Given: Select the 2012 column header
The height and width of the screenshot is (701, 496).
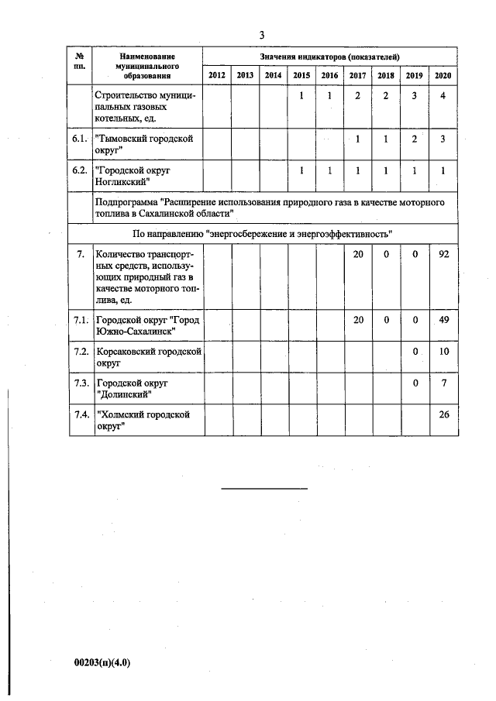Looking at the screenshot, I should (x=217, y=75).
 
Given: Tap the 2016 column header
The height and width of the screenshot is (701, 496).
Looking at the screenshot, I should (x=329, y=75).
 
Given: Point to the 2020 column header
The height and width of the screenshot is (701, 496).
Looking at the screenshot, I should (x=443, y=75).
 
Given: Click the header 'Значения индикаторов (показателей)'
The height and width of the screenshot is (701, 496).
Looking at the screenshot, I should (x=329, y=57).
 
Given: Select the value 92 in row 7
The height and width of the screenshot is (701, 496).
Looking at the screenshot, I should (x=443, y=254).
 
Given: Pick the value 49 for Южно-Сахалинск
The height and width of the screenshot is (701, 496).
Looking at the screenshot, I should (x=443, y=321).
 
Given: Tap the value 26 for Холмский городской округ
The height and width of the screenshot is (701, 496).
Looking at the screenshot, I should (x=443, y=414).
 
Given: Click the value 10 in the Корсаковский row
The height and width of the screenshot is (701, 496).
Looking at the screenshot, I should (x=443, y=352).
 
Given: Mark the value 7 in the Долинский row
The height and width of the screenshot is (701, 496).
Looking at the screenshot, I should (x=443, y=383).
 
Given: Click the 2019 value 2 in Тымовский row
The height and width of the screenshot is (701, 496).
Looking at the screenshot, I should (x=415, y=139).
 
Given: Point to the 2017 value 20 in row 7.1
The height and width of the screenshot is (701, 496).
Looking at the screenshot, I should (x=358, y=321).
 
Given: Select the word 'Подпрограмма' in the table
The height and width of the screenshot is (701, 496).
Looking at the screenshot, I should (x=124, y=201).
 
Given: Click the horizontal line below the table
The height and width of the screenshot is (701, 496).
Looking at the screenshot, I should (x=265, y=488).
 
